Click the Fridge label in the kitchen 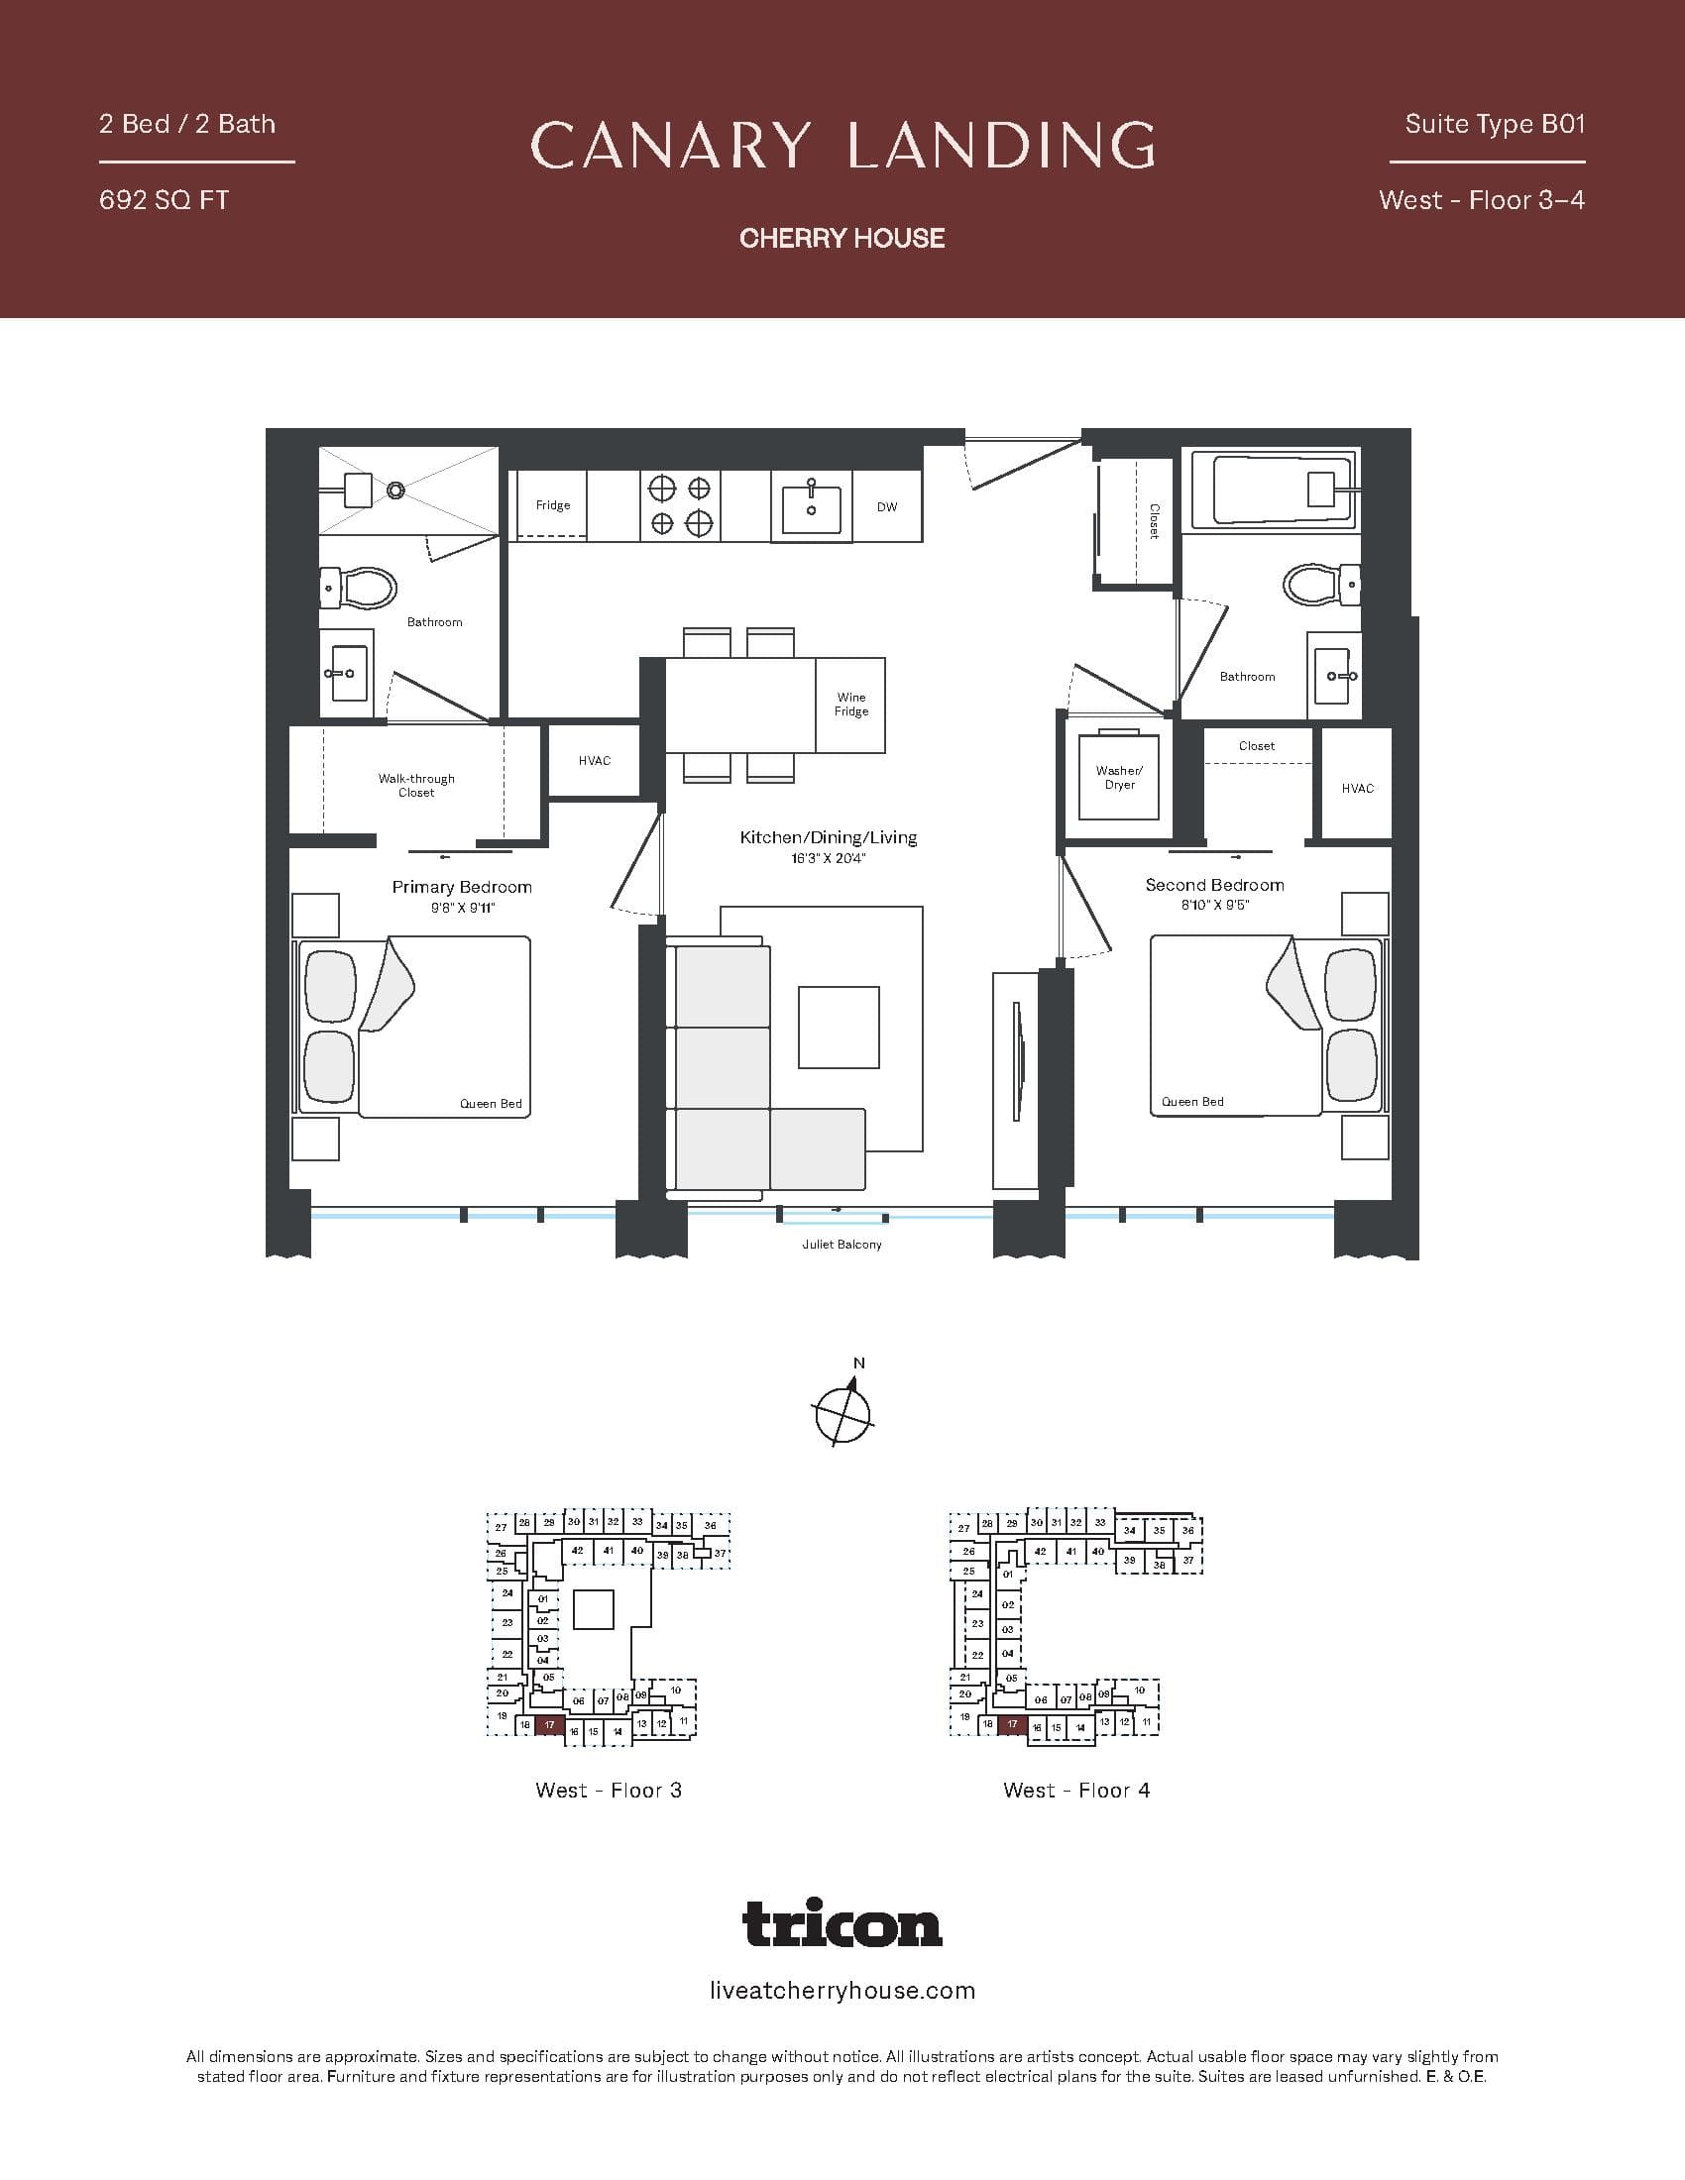point(552,505)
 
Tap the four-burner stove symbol point(680,505)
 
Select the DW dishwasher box point(886,507)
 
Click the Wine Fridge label point(851,705)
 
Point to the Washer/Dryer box point(1119,778)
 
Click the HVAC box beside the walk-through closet point(594,761)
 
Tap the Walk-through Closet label point(416,786)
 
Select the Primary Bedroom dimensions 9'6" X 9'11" point(462,908)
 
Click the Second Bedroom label point(1214,884)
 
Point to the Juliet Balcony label point(842,1245)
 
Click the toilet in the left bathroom point(360,589)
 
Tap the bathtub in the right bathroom point(1270,490)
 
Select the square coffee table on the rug point(839,1028)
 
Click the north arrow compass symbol point(843,1411)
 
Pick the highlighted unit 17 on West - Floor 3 point(550,1725)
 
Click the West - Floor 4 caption point(1076,1790)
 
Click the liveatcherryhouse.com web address point(842,1991)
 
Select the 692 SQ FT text point(164,200)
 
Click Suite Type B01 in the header point(1495,125)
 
